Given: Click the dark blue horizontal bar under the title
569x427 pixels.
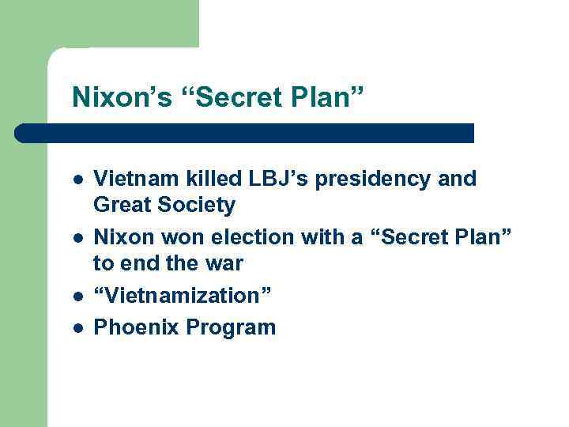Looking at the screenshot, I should click(x=245, y=133).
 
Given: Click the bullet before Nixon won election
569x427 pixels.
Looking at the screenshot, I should click(x=76, y=237).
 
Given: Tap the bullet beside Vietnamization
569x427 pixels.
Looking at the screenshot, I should click(x=76, y=296).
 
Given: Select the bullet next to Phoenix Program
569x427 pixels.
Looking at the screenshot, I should click(x=76, y=327).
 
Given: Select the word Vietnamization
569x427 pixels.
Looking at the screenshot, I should click(x=183, y=295).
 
